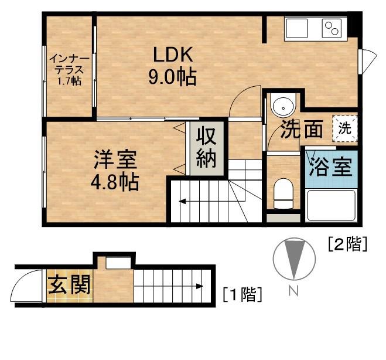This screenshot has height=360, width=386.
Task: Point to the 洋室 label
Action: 115,160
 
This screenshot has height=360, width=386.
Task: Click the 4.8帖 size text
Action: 115,182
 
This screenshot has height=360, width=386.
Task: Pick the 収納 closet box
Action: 206,150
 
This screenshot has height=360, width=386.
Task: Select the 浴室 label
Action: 330,167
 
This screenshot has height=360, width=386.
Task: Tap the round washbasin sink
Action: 283,107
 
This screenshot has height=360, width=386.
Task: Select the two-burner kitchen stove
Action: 332,29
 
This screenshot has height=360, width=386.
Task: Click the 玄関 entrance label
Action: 69,286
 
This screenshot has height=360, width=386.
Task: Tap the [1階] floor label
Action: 241,293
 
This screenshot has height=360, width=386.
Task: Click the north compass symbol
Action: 291,259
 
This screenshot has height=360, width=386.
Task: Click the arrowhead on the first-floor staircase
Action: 200,287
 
